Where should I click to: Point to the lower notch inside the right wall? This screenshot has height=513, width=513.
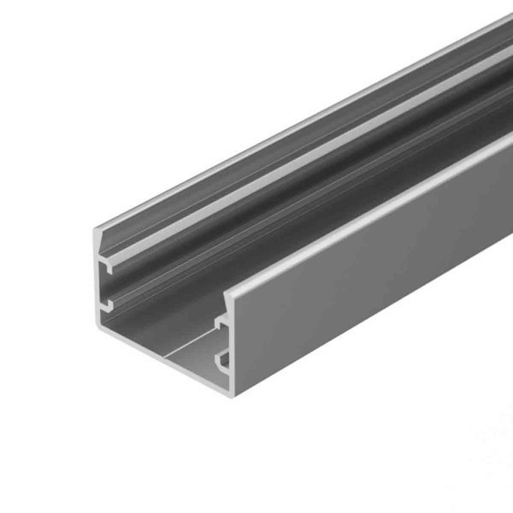click(x=225, y=360)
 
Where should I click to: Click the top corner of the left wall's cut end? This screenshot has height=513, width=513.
click(x=97, y=230)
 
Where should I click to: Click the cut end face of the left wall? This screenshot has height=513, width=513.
click(x=101, y=283)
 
